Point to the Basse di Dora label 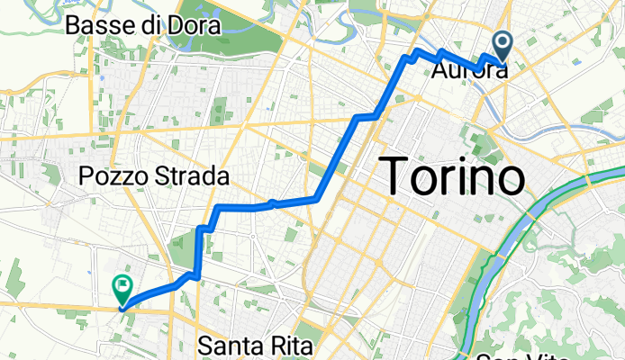click(143, 26)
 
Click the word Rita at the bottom click(288, 346)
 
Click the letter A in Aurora click(441, 71)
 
